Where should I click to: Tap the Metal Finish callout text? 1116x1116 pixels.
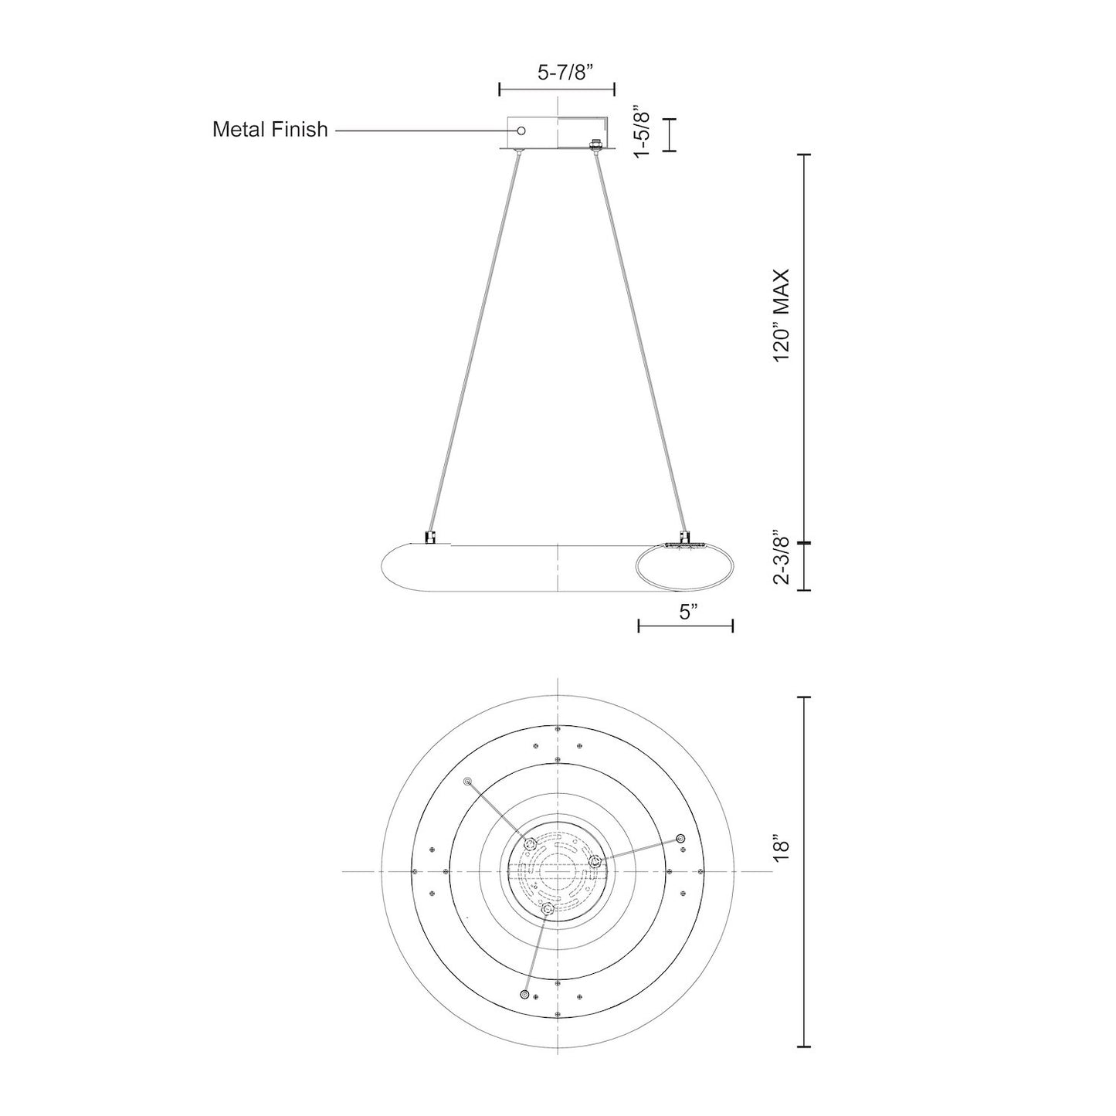point(270,129)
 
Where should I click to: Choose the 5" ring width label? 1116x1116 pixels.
point(687,612)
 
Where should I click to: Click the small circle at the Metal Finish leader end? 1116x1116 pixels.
point(521,131)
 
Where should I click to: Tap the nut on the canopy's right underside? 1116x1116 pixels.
point(595,144)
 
